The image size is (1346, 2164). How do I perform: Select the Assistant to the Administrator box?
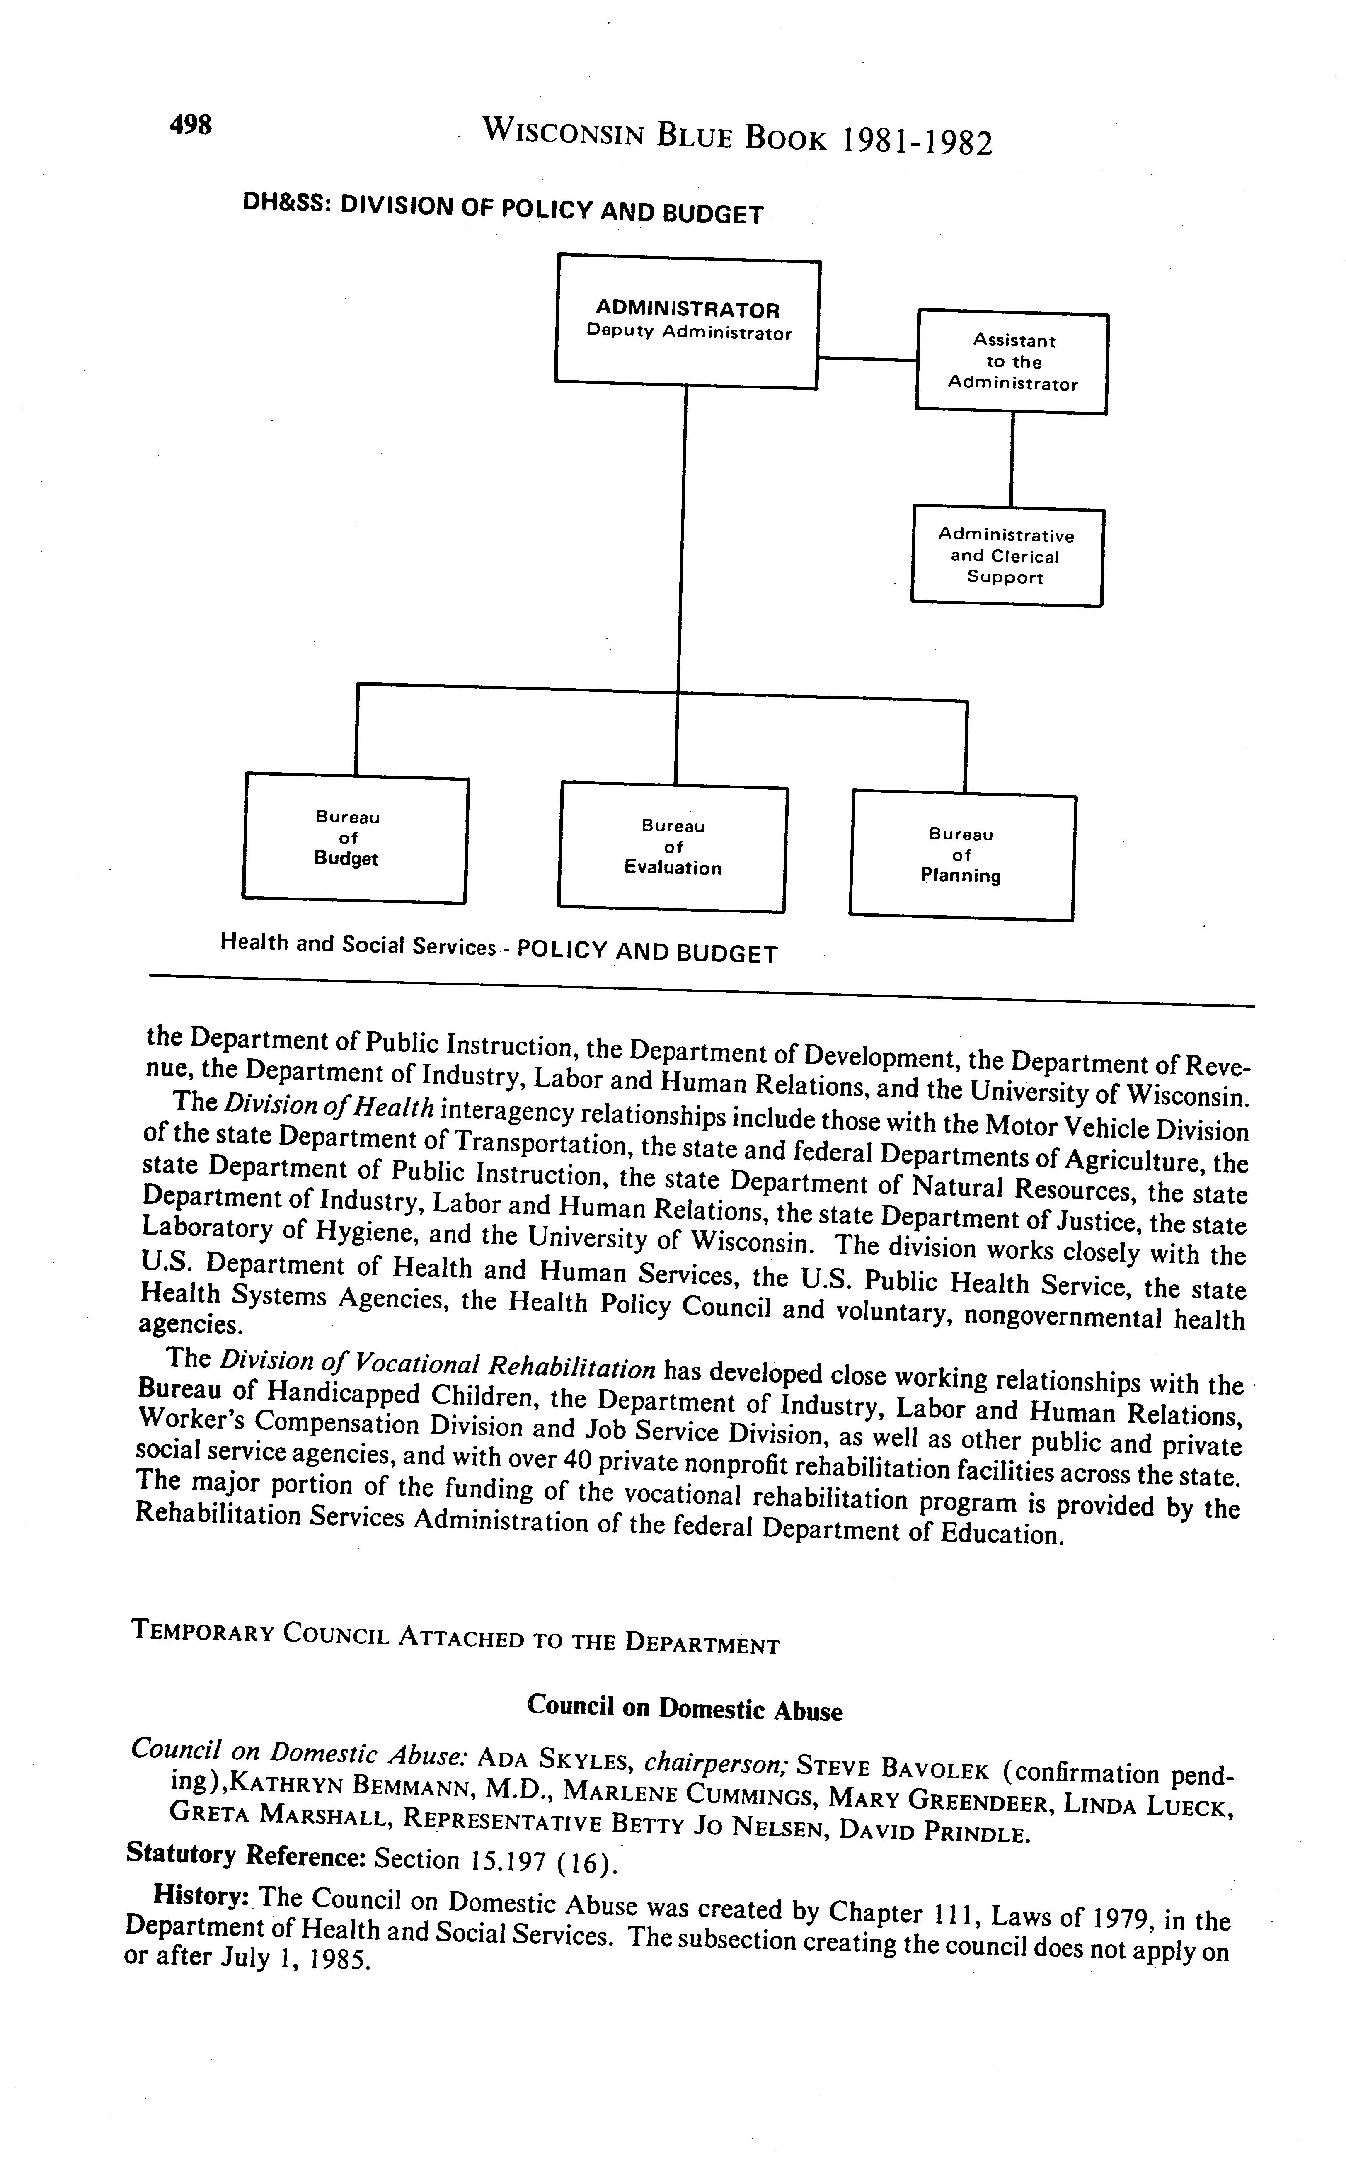[1012, 362]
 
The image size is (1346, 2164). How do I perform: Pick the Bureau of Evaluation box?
[673, 848]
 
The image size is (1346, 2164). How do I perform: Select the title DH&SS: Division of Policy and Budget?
[503, 209]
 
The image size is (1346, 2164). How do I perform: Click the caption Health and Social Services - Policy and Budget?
[499, 949]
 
